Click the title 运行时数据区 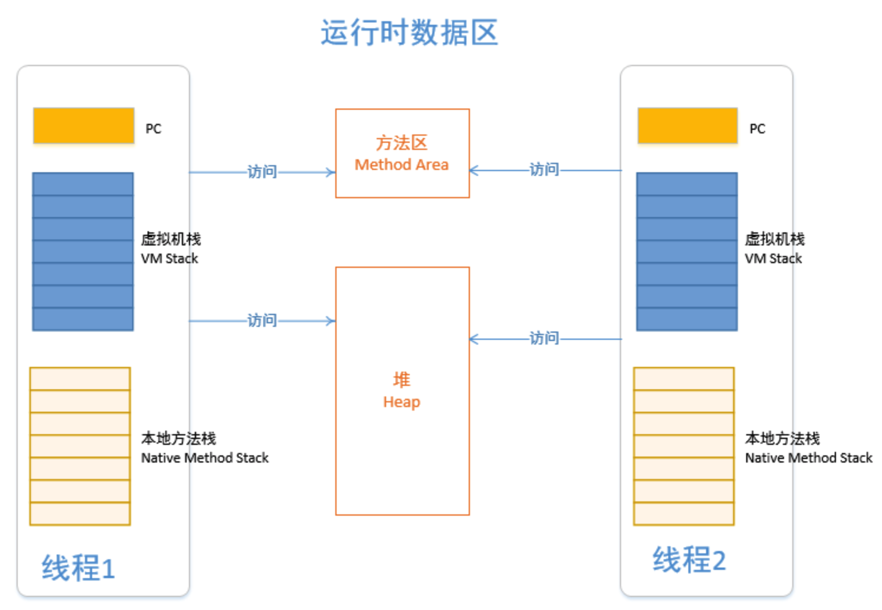click(409, 32)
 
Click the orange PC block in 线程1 click(84, 126)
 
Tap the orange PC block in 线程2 click(687, 126)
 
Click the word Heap click(401, 402)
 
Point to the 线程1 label click(78, 568)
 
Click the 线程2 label click(688, 560)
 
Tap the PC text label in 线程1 click(153, 129)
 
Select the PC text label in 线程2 click(757, 129)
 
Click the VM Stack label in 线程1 click(169, 258)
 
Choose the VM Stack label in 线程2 click(773, 258)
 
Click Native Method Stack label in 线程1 click(204, 458)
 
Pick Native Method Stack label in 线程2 click(808, 458)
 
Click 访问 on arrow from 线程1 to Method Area click(262, 172)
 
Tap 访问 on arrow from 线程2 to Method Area click(544, 170)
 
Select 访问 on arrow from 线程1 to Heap click(262, 320)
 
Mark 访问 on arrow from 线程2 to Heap click(544, 338)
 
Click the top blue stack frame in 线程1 click(83, 184)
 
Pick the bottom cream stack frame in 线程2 click(684, 513)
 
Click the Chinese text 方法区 click(401, 143)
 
